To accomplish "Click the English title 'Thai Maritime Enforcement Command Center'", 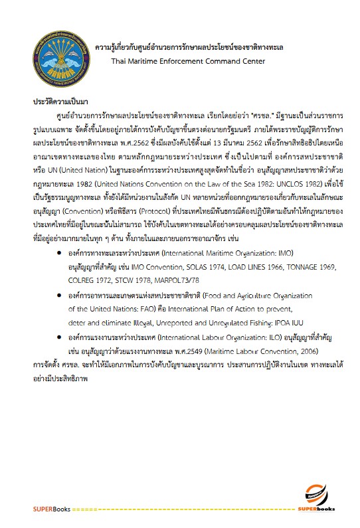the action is (189, 61).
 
